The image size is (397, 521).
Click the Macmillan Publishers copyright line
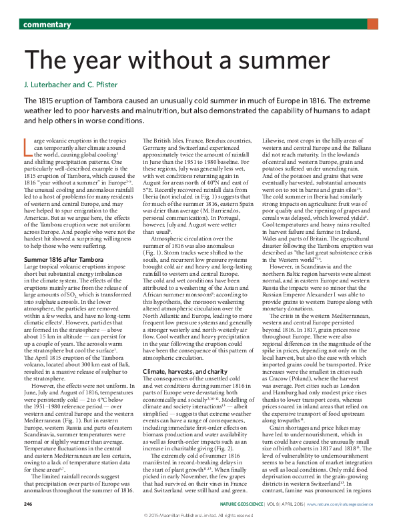pyautogui.click(x=198, y=515)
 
